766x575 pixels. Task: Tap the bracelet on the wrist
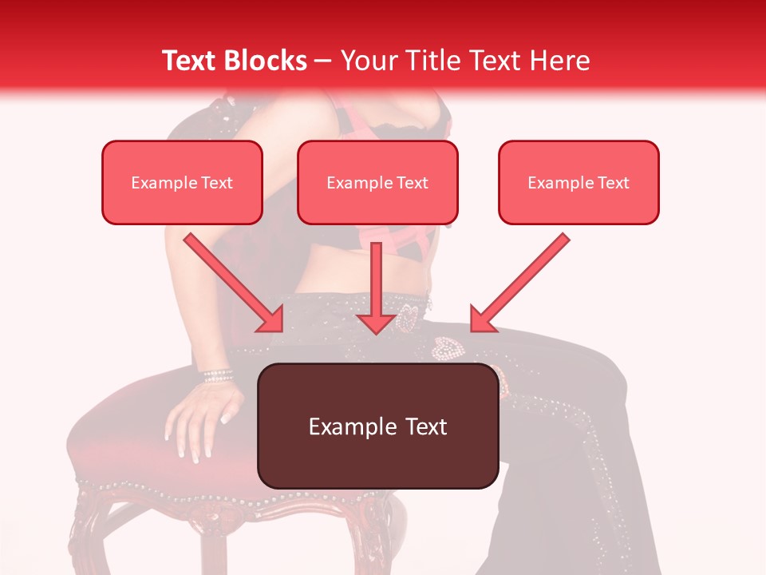pos(217,375)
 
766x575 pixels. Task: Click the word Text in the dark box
pos(423,426)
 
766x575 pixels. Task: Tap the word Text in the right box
pos(613,183)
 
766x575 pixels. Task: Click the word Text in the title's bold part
pos(189,61)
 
